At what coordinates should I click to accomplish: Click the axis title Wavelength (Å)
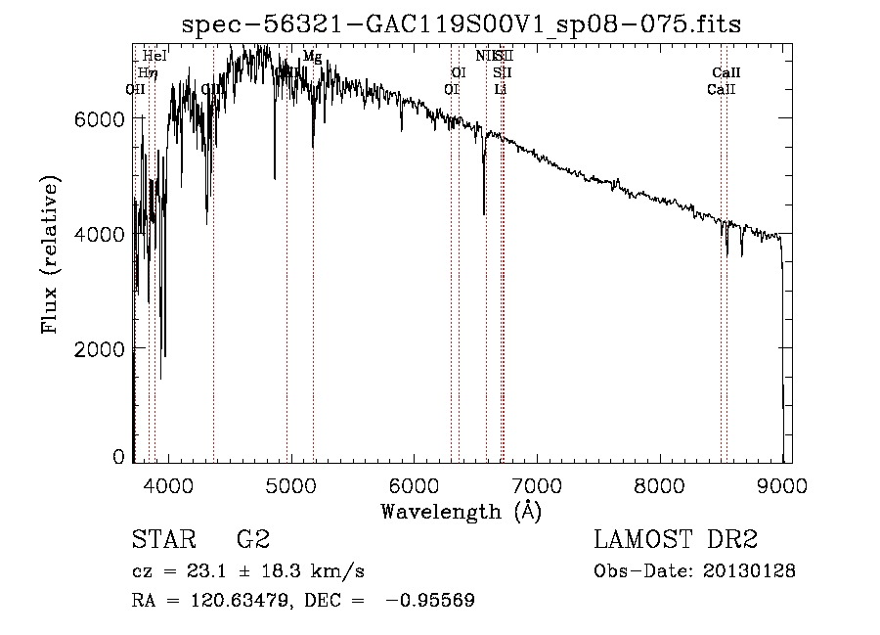coord(461,510)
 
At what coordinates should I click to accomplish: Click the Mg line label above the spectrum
coord(312,57)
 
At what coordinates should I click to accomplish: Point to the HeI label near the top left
coord(154,57)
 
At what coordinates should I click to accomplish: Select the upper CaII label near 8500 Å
coord(726,72)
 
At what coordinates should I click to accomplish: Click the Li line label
coord(501,89)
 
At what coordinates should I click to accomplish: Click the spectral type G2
coord(252,540)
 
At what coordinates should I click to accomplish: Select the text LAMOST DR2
coord(676,540)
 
